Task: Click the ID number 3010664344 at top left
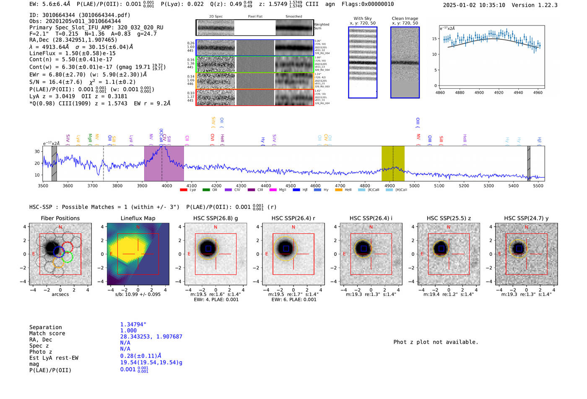58,15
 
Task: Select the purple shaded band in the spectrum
164,163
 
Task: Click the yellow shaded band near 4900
393,163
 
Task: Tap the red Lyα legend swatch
183,190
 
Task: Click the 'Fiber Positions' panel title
60,218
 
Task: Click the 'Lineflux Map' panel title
138,218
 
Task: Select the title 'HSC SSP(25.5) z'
449,218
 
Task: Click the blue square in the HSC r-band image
286,248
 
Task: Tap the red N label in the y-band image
526,227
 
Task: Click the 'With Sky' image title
363,18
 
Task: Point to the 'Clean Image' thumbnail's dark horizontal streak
405,63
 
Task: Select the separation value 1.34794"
133,324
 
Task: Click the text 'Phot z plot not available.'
436,342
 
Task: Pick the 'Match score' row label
47,333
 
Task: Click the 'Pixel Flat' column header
255,17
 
